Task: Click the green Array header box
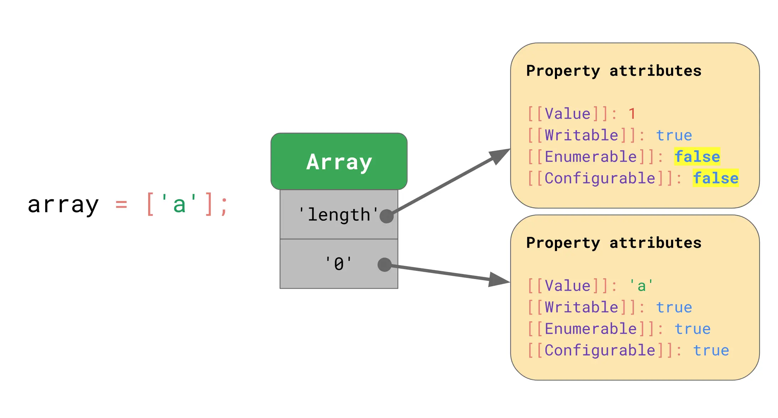[339, 161]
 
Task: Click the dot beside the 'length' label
[387, 216]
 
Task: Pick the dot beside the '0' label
[384, 264]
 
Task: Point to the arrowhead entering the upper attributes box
[500, 155]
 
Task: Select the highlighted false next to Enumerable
[697, 157]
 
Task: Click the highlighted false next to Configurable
[715, 178]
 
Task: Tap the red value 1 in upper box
[632, 114]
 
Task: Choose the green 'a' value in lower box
[641, 286]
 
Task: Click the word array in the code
[63, 205]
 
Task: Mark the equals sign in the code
[121, 205]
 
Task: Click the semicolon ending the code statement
[224, 206]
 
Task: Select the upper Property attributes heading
[614, 71]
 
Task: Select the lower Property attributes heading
[614, 243]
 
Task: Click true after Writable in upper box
[674, 135]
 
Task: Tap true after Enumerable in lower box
[692, 329]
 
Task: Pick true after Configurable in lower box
[711, 350]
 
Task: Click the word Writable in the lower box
[582, 307]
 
